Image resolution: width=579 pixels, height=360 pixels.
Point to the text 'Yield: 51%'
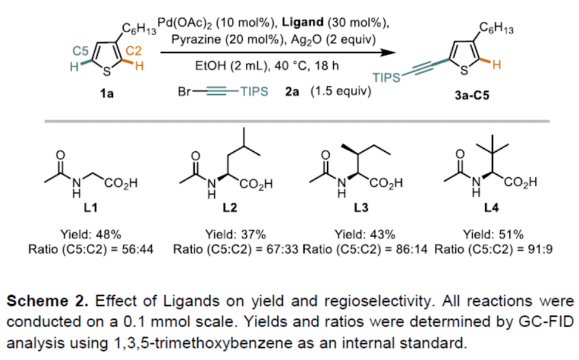(493, 236)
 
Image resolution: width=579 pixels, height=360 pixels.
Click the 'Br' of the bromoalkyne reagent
(185, 92)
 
